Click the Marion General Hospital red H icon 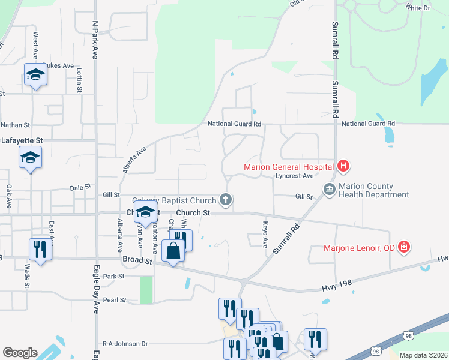[x=343, y=166]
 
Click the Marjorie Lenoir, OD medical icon [x=404, y=247]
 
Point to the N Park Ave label [x=95, y=40]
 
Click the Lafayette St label [x=22, y=140]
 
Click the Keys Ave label [x=265, y=235]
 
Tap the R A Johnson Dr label [x=125, y=344]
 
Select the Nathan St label [x=15, y=125]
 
